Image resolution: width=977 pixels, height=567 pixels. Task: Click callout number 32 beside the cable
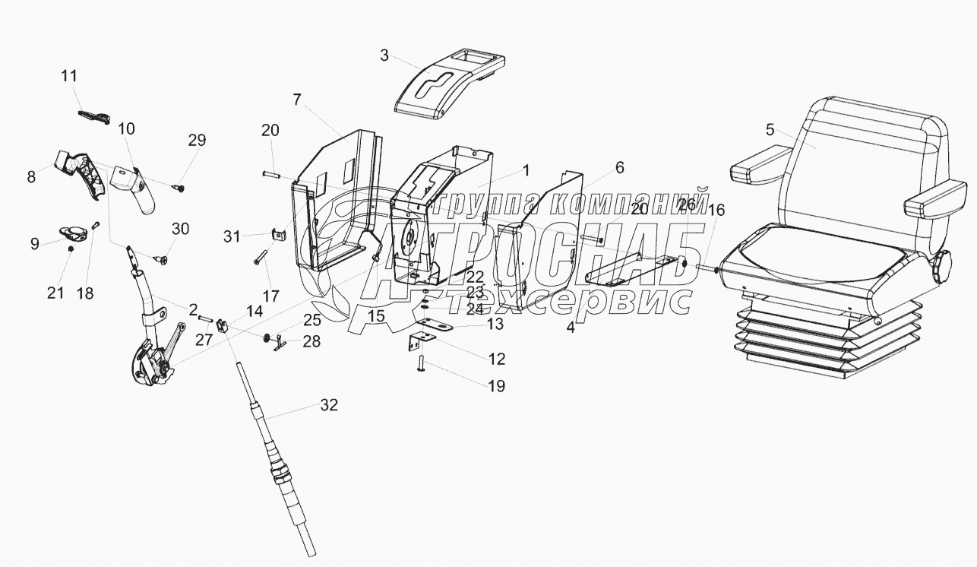coord(328,405)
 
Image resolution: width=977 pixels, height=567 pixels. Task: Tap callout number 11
coord(69,76)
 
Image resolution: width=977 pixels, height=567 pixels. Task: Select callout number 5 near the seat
coord(770,129)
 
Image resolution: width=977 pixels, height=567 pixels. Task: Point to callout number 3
coord(384,55)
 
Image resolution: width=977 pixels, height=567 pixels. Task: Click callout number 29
coord(197,140)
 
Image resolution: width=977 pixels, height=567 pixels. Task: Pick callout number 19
coord(495,386)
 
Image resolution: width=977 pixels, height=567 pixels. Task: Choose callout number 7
coord(297,99)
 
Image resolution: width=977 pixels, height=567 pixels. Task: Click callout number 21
coord(55,292)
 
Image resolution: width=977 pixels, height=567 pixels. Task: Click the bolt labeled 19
coord(419,369)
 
